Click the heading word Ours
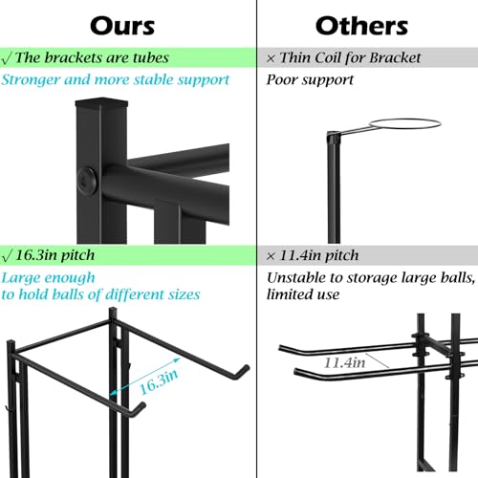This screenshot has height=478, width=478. [x=122, y=26]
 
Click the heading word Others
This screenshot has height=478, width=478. [x=361, y=26]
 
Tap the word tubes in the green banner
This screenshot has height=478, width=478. [x=151, y=57]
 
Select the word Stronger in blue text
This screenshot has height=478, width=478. [x=31, y=80]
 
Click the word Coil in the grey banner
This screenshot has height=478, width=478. [x=328, y=57]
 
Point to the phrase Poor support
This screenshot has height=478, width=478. [x=310, y=80]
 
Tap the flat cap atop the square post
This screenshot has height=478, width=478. [x=101, y=102]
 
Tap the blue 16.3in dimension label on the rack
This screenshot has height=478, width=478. [x=159, y=381]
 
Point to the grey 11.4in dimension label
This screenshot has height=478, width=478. [x=344, y=362]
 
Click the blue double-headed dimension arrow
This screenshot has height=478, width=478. [x=145, y=377]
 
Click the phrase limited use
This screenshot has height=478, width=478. [x=303, y=294]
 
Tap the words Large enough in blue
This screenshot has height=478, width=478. [x=48, y=278]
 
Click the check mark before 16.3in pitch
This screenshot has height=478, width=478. [x=7, y=256]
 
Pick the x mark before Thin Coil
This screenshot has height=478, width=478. [x=271, y=58]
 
